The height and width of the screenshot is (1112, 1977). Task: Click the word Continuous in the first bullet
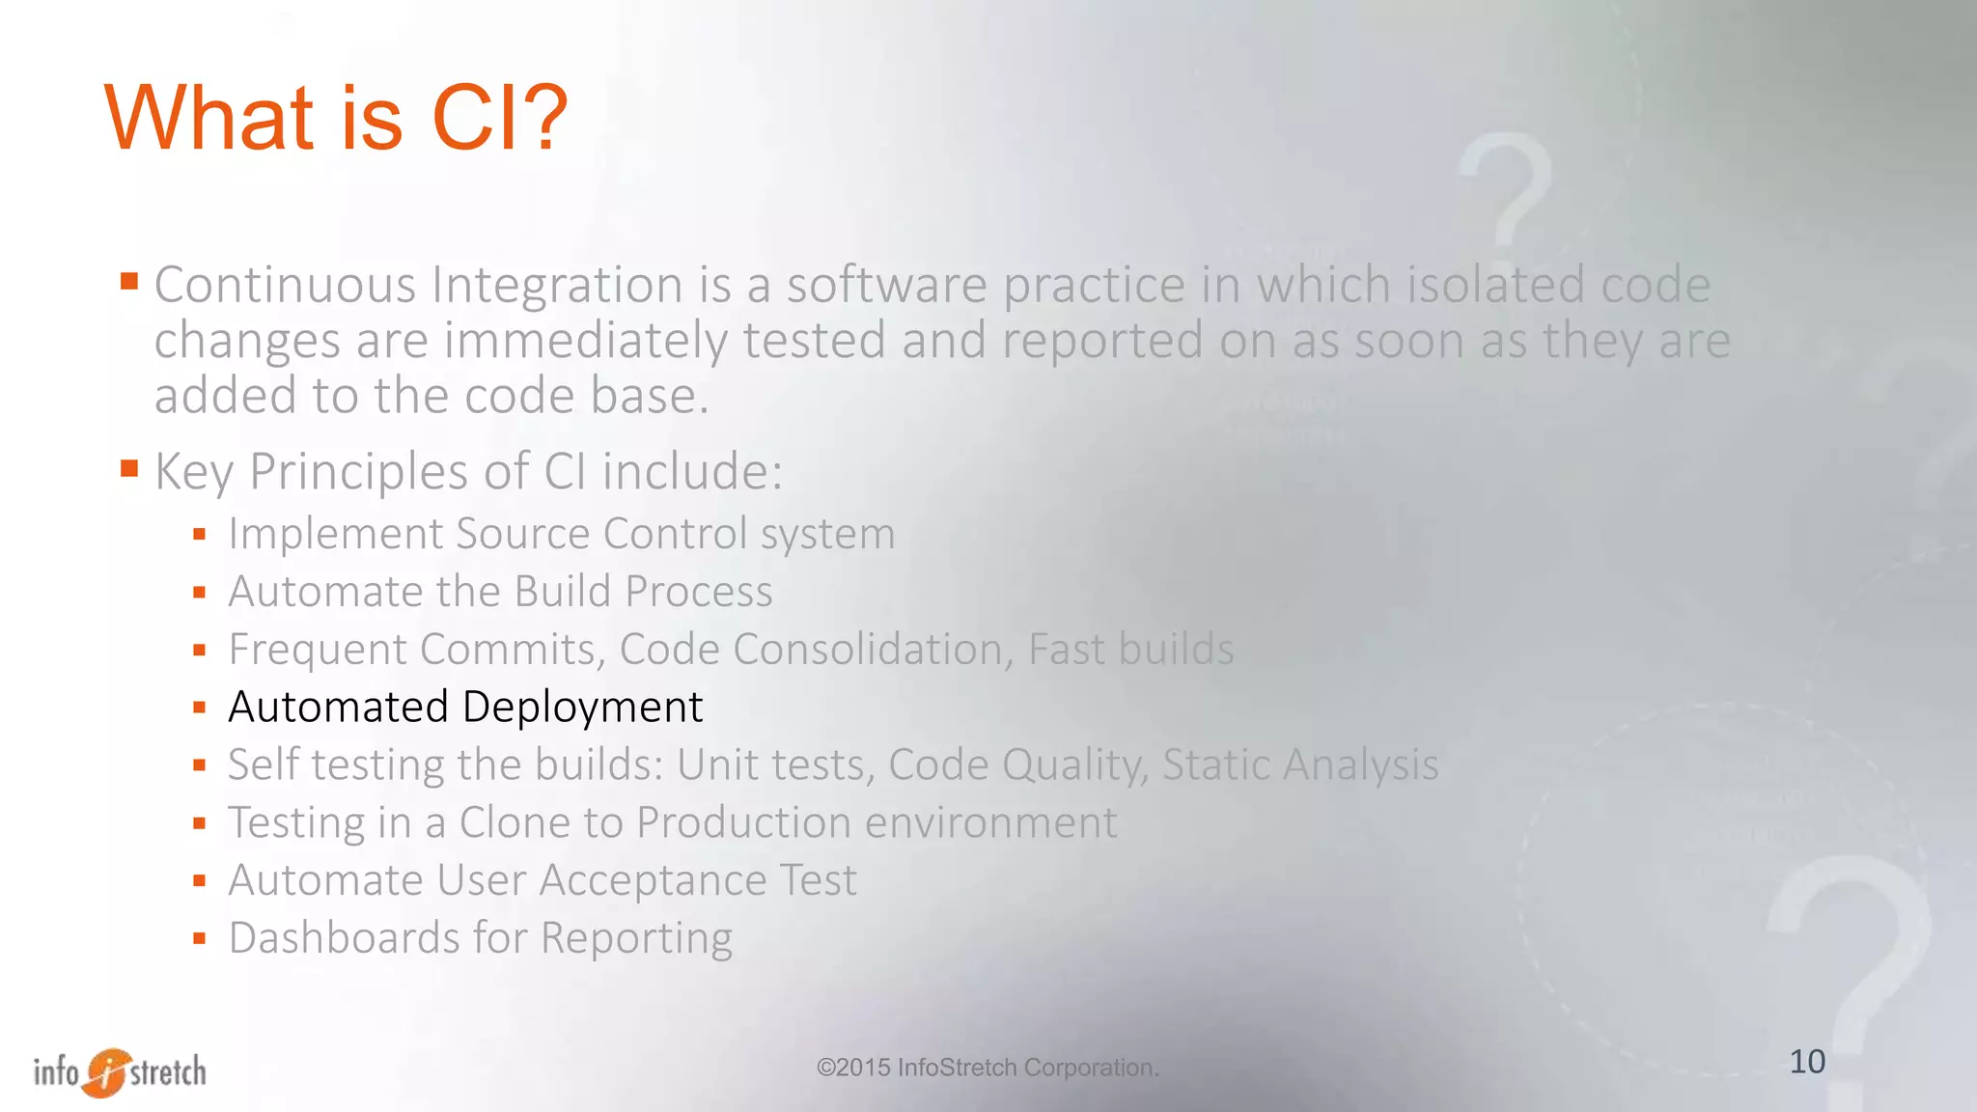coord(285,286)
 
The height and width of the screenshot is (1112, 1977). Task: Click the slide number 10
coord(1807,1062)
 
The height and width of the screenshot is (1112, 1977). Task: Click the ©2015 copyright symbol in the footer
coord(825,1068)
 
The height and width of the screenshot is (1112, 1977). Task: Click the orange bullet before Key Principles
coord(129,469)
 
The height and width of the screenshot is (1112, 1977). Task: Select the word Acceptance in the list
coord(652,880)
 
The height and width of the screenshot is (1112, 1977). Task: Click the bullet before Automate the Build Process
coord(199,593)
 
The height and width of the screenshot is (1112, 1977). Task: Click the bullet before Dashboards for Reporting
coord(199,938)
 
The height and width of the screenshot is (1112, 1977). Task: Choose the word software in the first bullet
coord(887,286)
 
